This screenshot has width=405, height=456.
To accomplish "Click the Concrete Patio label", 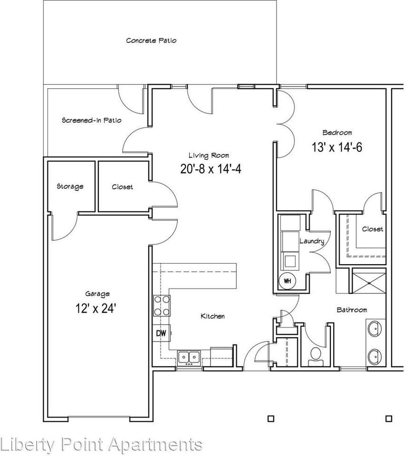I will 151,40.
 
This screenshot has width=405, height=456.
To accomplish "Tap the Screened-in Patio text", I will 92,120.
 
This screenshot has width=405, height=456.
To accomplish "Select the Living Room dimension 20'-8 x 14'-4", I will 211,169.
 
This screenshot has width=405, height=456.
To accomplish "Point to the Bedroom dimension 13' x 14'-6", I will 337,147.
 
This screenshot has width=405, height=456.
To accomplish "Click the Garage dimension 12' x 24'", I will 96,308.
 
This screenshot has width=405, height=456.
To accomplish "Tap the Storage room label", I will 70,186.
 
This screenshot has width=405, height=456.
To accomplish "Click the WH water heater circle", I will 287,280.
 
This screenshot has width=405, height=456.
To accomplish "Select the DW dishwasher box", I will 161,333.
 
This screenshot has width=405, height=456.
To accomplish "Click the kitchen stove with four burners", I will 161,305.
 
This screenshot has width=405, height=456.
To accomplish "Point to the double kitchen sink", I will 189,357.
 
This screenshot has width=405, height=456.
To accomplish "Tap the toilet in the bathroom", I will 315,355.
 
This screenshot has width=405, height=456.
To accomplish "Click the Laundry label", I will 311,241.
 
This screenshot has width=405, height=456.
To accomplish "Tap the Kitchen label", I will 212,316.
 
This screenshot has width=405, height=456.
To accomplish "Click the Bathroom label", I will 352,310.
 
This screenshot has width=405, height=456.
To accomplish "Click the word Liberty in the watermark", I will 24,445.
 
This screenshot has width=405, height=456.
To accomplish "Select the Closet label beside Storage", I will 122,187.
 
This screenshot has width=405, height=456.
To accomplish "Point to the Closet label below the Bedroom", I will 372,229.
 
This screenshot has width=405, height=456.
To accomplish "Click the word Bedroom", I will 337,133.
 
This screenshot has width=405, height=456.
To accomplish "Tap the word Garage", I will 97,294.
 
